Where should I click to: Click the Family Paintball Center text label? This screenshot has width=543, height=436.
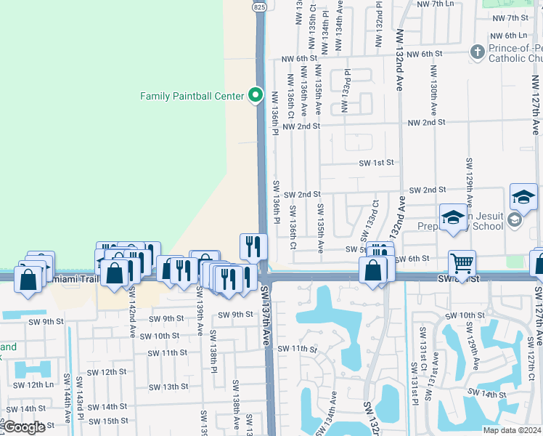(192, 95)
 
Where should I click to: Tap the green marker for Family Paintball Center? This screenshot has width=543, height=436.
(255, 95)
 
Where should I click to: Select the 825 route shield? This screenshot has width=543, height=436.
(260, 7)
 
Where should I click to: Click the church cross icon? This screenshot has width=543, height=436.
(477, 52)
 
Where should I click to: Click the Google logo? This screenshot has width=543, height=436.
(24, 427)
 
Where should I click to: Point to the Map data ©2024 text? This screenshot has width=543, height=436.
(511, 430)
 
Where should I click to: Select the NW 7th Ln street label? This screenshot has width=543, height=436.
(436, 4)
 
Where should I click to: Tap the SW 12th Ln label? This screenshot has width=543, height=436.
(30, 384)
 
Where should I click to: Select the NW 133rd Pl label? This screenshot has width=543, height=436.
(347, 87)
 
